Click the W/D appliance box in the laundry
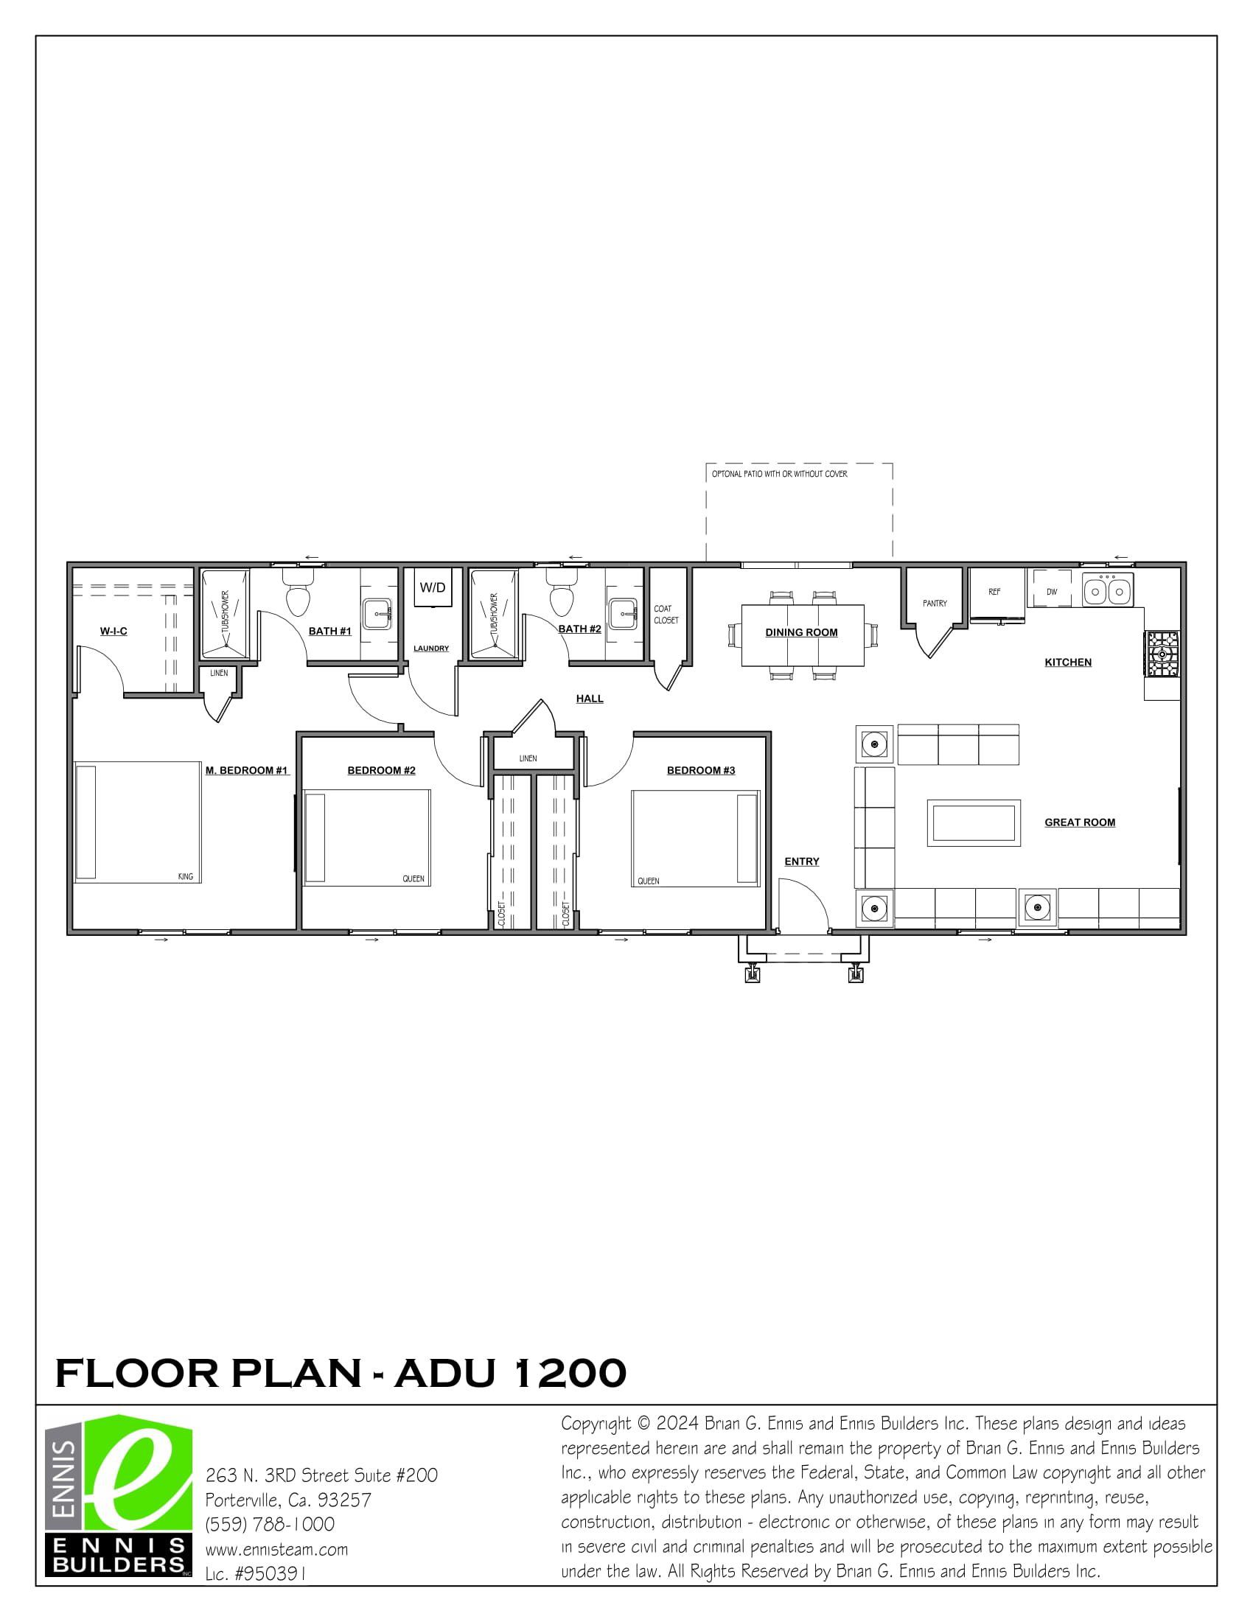432,588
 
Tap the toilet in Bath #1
298,598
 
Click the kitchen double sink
1106,592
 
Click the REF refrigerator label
994,592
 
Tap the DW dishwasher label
1051,592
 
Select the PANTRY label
935,603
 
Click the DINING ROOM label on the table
801,632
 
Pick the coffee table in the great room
973,823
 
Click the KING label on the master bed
185,876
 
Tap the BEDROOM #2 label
381,770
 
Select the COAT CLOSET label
666,614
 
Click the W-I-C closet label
114,632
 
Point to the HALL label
590,698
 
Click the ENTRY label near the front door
801,861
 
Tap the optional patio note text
779,474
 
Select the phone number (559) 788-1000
270,1524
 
